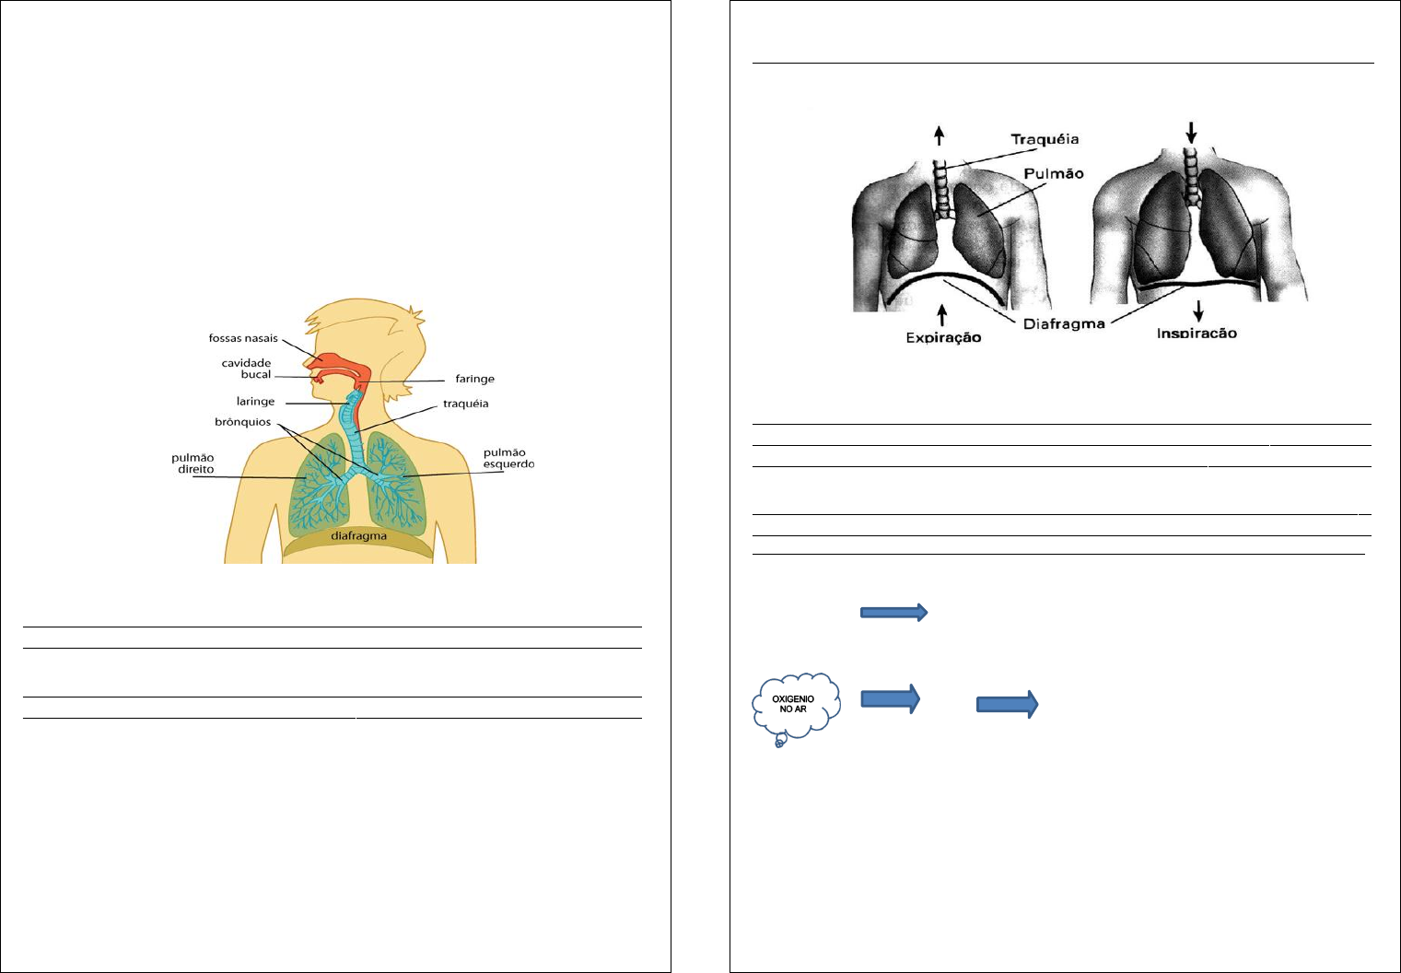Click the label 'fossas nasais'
243,338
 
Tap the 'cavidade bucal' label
246,369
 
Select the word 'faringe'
474,379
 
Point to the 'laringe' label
255,402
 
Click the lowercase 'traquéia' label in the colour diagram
465,404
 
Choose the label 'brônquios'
243,422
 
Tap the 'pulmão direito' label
193,463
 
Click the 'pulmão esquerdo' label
508,458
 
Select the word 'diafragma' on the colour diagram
359,536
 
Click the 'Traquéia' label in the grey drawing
1045,140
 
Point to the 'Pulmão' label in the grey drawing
1054,173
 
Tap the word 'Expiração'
943,337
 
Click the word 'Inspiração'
1197,334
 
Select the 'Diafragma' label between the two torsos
1064,324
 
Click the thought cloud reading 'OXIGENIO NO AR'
796,705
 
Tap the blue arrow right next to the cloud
891,698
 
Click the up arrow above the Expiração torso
940,135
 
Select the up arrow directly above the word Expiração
941,314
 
